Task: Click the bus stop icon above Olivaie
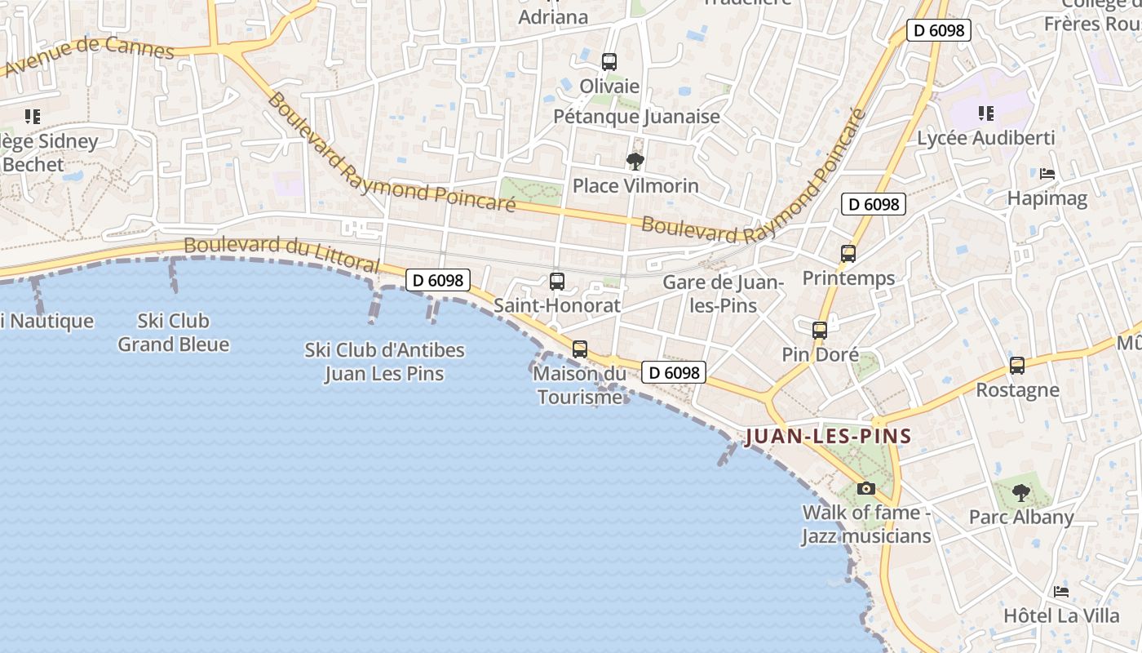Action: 609,61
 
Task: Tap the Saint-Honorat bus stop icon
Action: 557,282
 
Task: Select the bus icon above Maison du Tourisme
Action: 580,349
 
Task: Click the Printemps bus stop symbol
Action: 848,254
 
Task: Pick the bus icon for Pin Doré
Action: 820,331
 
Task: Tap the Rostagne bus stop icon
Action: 1017,365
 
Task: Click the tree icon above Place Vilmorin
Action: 635,161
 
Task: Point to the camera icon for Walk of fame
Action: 866,488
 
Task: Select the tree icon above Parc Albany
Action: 1020,492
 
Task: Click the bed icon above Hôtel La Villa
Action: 1061,591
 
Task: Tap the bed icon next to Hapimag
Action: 1047,174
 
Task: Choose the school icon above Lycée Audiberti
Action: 985,113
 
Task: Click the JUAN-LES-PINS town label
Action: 828,436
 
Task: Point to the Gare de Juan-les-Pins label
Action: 723,294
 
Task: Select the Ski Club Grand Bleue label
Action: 173,332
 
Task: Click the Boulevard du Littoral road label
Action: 281,254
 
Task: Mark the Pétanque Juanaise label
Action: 636,116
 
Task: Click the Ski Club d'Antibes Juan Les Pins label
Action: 384,362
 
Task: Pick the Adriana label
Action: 553,16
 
